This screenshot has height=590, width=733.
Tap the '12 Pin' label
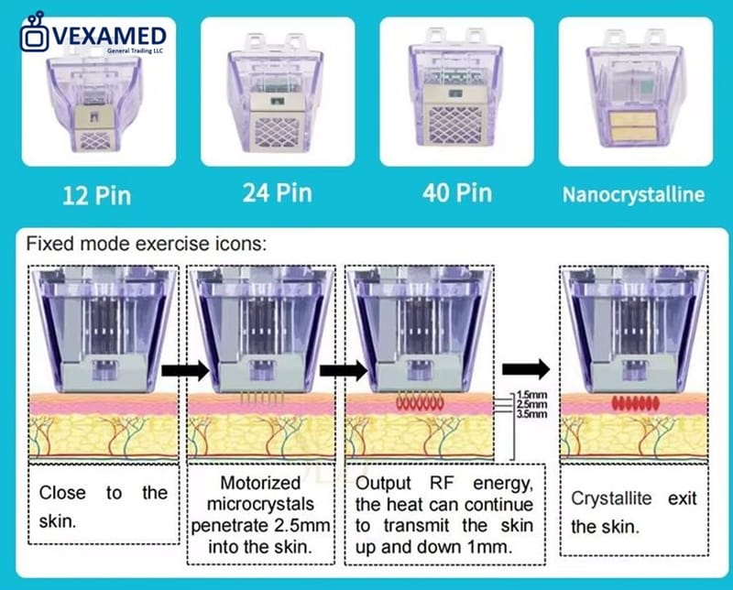(x=97, y=195)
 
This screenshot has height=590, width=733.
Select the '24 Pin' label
(x=278, y=192)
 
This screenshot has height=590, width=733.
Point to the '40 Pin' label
(x=457, y=192)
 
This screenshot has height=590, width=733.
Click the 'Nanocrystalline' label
(x=633, y=194)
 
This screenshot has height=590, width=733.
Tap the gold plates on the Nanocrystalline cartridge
(x=633, y=126)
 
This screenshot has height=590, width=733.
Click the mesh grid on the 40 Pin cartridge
(x=455, y=124)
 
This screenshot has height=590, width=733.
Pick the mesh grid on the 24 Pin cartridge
(x=278, y=132)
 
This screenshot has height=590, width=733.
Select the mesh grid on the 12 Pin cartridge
(x=96, y=140)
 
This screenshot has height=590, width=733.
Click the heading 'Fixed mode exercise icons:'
(x=147, y=244)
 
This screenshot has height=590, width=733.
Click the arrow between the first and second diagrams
(x=186, y=371)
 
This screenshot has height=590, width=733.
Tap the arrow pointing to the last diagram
(x=526, y=369)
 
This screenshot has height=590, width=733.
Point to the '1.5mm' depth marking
(x=532, y=395)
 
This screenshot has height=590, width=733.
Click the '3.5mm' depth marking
(x=532, y=414)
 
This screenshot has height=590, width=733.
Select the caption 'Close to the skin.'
(x=104, y=507)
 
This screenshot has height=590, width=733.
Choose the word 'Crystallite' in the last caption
(x=611, y=498)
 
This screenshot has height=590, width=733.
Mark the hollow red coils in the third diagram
(x=420, y=401)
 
